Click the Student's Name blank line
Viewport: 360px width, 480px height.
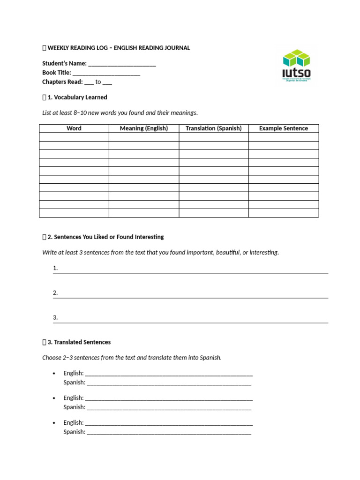click(x=122, y=64)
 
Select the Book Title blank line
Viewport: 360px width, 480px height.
click(x=106, y=73)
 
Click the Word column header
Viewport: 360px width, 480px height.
click(x=74, y=128)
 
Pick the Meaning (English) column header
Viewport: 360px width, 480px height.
click(x=143, y=128)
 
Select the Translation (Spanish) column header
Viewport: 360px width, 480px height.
click(x=213, y=128)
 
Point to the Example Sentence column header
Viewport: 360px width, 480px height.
click(x=284, y=128)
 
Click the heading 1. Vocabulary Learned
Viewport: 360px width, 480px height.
click(x=77, y=97)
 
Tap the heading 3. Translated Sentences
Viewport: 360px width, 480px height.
click(x=79, y=342)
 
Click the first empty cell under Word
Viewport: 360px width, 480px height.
click(x=74, y=137)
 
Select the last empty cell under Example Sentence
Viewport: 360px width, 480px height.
click(x=284, y=213)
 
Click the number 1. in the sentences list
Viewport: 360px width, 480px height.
click(x=55, y=268)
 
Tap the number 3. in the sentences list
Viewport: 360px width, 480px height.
click(x=55, y=317)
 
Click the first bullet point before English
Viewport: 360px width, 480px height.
click(x=54, y=374)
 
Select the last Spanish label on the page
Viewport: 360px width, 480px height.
click(x=75, y=432)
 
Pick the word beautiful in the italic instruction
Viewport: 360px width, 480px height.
click(x=228, y=253)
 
